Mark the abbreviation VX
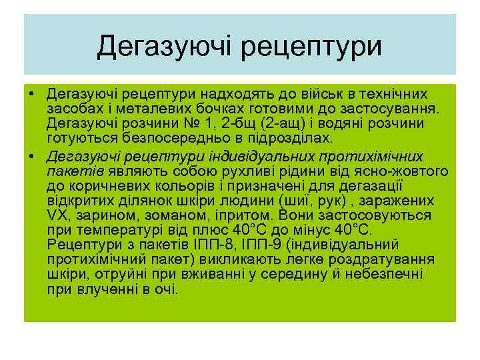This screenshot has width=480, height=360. click(58, 216)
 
